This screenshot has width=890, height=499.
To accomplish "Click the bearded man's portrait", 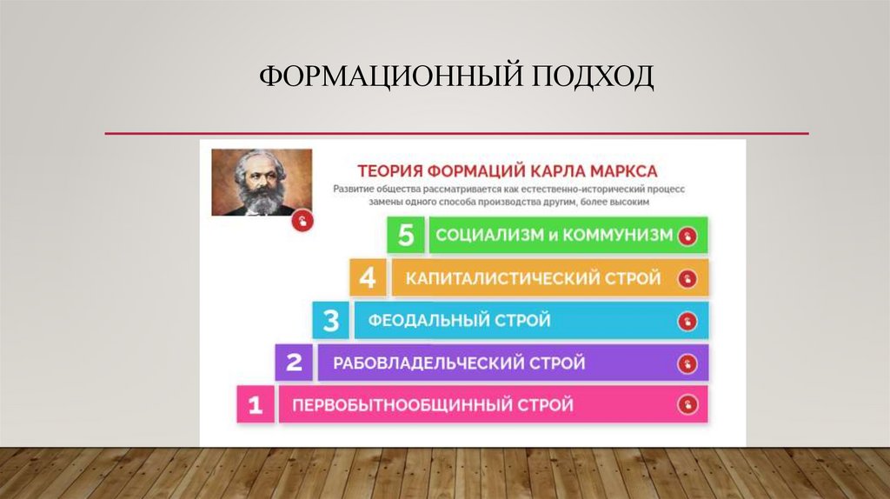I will click(x=262, y=183).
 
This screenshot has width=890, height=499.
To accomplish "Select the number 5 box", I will click(x=405, y=236).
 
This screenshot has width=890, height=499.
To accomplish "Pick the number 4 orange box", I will click(x=368, y=278).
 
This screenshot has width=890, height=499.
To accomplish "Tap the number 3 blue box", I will click(x=331, y=321).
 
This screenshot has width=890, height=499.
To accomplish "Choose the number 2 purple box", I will click(x=294, y=363).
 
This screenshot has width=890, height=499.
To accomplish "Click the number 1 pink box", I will click(x=256, y=405).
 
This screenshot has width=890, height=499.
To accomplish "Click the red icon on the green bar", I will click(x=687, y=236).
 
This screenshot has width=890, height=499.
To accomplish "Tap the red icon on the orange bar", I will click(x=688, y=278).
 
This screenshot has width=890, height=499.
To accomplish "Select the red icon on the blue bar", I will click(x=688, y=321).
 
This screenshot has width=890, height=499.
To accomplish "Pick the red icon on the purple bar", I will click(x=688, y=363).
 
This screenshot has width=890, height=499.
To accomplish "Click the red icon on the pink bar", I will click(x=687, y=405).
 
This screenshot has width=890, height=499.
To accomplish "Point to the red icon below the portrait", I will click(x=302, y=221).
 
